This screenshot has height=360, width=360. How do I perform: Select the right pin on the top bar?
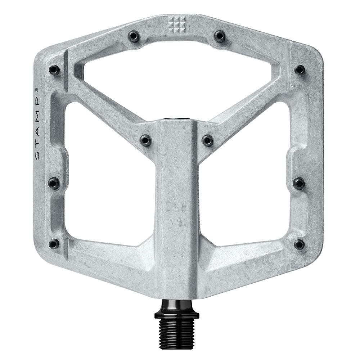[219, 36]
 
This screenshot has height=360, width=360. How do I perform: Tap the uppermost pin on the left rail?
[54, 69]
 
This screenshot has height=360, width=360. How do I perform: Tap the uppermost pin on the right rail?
[300, 69]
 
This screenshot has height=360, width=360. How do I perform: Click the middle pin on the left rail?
[54, 183]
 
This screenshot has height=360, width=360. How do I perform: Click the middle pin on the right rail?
[299, 183]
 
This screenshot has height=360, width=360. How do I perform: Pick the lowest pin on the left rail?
[54, 244]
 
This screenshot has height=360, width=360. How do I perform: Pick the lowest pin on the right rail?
[299, 244]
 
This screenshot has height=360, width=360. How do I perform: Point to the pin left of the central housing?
[146, 140]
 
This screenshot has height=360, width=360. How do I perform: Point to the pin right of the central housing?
[208, 140]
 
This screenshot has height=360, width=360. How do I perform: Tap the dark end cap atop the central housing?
[177, 119]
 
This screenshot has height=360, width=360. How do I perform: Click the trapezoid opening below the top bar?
[176, 83]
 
